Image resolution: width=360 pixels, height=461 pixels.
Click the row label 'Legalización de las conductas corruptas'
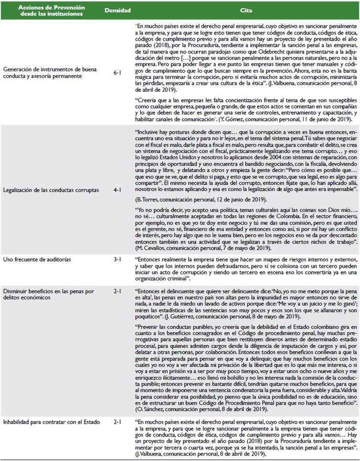51,190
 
